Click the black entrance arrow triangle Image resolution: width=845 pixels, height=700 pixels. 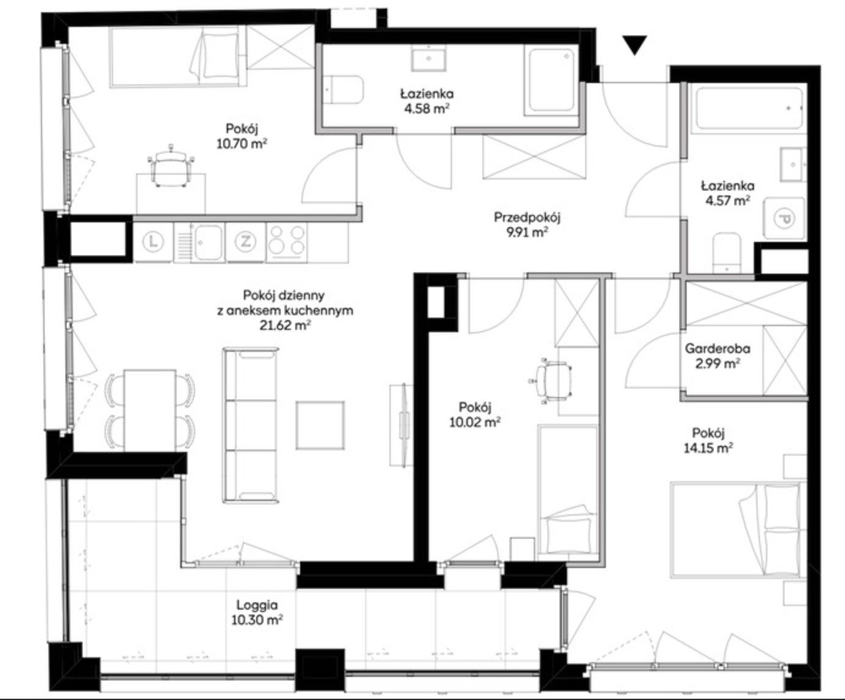click(x=635, y=45)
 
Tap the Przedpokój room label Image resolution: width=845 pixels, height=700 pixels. click(x=527, y=217)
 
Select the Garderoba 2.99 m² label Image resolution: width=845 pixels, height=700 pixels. click(x=718, y=356)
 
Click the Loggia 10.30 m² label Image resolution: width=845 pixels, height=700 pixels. click(x=257, y=612)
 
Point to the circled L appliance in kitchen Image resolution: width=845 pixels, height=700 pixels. click(x=153, y=242)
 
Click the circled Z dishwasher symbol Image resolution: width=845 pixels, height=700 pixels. click(x=245, y=242)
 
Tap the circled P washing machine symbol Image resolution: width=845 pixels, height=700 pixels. click(x=784, y=219)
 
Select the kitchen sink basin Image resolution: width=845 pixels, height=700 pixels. click(x=208, y=242)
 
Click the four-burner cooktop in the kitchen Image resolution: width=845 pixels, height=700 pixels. click(x=287, y=242)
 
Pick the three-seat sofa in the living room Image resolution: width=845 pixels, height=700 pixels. click(x=251, y=425)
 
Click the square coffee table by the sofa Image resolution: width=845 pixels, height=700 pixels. click(x=320, y=425)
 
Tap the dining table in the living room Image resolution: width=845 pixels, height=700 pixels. click(x=150, y=410)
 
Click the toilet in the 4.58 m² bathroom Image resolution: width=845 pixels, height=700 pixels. click(x=343, y=90)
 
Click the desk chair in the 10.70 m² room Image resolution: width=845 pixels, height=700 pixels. click(x=171, y=166)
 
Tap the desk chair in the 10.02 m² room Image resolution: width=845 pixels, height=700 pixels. click(x=551, y=381)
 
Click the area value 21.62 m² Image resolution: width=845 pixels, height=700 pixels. click(x=285, y=325)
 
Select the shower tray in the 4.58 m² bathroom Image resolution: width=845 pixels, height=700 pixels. click(x=552, y=81)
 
